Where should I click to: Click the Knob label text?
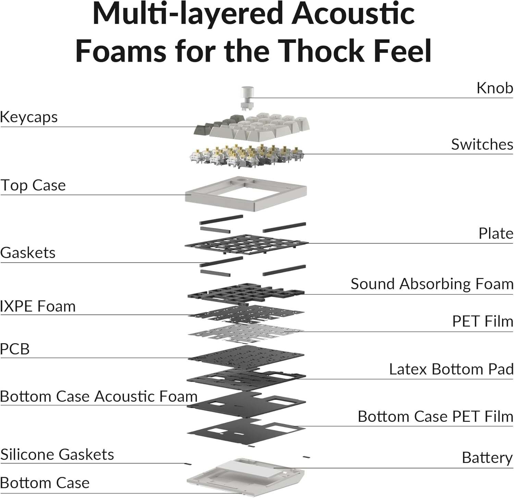(494, 88)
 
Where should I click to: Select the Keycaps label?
(29, 117)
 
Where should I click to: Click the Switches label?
(482, 144)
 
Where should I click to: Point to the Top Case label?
(33, 185)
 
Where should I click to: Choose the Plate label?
(495, 234)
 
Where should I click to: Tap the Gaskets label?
(28, 253)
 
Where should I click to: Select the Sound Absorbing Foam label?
(432, 284)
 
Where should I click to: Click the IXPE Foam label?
(38, 306)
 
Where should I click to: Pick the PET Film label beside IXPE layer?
(482, 322)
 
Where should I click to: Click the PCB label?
(15, 349)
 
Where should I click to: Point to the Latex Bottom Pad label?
(451, 369)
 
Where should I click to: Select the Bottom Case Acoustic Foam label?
(99, 396)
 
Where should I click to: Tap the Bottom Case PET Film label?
(435, 417)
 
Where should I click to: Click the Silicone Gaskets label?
(57, 454)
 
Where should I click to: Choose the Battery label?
(487, 458)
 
